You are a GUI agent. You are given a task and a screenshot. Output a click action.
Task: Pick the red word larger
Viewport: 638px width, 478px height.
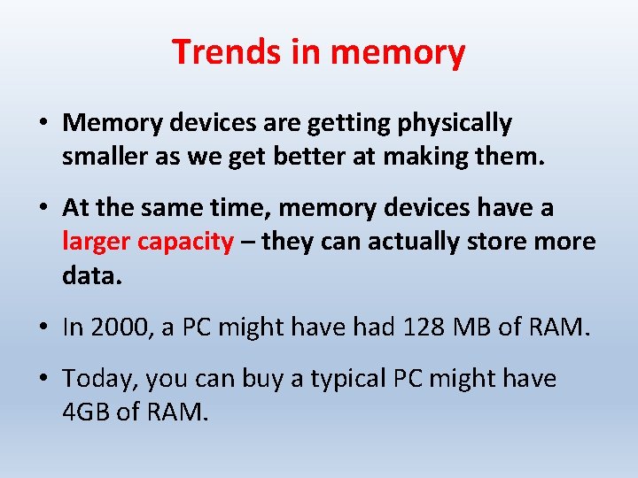[x=97, y=241]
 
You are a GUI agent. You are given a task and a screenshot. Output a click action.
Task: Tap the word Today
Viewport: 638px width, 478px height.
[x=100, y=380]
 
